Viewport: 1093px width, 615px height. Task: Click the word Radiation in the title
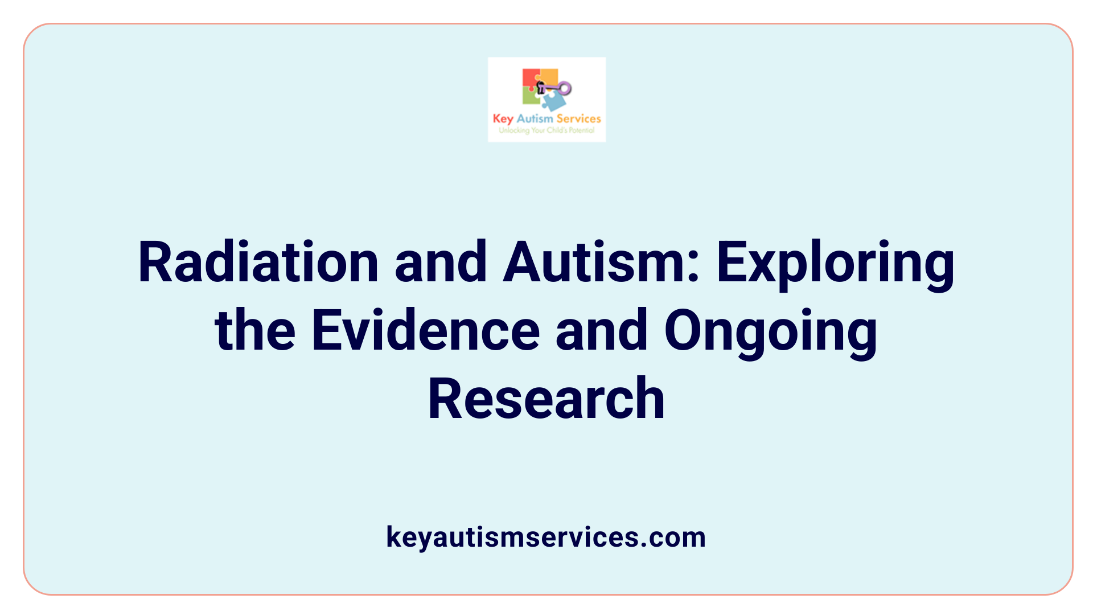(258, 263)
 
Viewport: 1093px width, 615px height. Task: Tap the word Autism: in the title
(601, 263)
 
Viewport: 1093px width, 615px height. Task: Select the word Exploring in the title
(835, 263)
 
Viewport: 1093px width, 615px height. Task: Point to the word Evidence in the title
(426, 331)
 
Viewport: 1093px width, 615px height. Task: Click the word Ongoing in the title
(771, 331)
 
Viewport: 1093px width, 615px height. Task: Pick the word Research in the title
(546, 399)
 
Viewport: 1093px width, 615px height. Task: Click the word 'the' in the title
(255, 331)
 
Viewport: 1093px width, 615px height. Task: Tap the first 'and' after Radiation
(441, 263)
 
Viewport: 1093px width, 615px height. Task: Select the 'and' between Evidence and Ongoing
(602, 331)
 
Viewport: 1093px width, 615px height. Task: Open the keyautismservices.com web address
(546, 537)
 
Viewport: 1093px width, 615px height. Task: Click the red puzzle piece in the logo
(531, 79)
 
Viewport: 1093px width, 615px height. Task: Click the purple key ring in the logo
(564, 88)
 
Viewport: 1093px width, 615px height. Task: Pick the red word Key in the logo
(503, 119)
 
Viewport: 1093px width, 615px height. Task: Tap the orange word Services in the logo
(578, 118)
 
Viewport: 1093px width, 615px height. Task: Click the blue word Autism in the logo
(535, 118)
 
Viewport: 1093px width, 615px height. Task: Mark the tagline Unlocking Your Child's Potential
(546, 130)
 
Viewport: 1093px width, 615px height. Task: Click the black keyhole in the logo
(541, 87)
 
